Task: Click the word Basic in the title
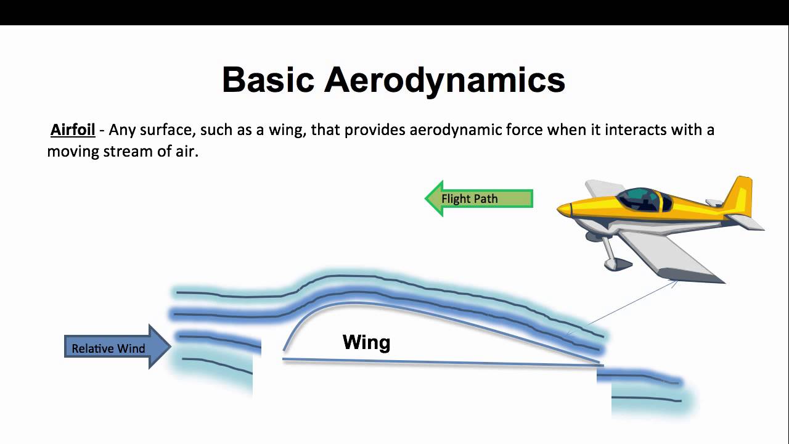269,80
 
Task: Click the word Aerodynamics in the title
444,80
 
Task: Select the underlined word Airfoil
73,130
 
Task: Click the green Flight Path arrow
478,199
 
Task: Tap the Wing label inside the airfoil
366,342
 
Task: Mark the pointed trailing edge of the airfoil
599,363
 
